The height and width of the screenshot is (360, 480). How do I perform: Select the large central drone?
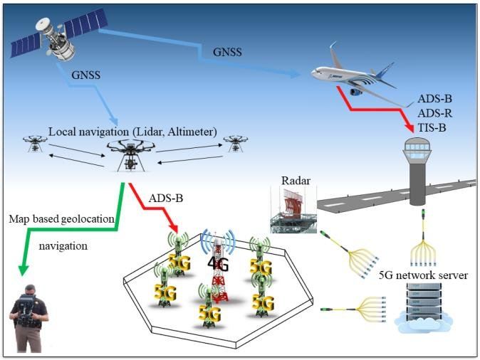click(130, 153)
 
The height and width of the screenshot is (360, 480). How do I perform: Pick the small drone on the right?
click(235, 143)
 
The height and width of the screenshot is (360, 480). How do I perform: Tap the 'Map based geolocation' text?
click(61, 219)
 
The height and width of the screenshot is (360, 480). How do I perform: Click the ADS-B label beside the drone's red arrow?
click(166, 197)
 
